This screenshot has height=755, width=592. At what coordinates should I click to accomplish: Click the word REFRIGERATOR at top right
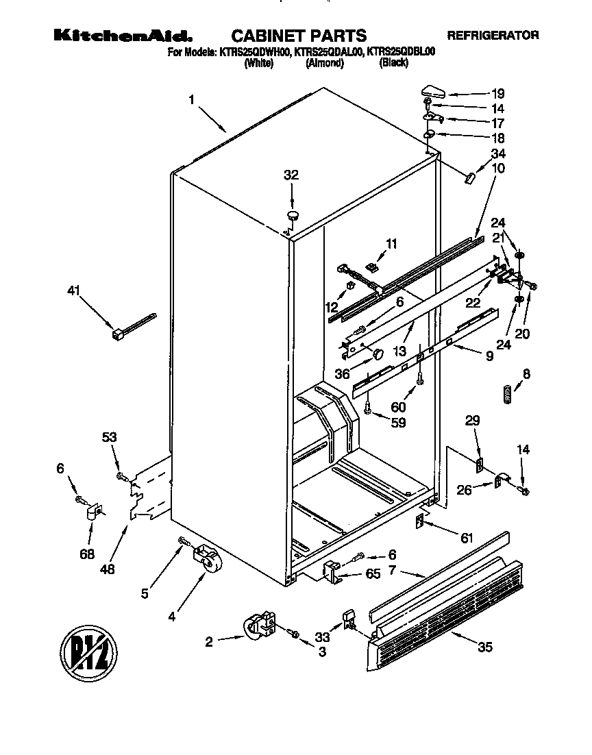click(493, 35)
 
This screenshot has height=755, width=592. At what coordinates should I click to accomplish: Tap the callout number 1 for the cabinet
click(193, 100)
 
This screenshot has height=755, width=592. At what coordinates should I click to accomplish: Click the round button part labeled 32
click(293, 216)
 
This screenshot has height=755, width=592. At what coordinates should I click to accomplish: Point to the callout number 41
click(74, 291)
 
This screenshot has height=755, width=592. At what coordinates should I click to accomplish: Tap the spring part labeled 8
click(507, 395)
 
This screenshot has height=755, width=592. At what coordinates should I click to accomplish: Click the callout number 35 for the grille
click(484, 647)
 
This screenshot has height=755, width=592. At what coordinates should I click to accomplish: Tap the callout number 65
click(373, 574)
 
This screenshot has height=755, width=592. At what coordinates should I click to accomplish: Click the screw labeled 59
click(369, 408)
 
